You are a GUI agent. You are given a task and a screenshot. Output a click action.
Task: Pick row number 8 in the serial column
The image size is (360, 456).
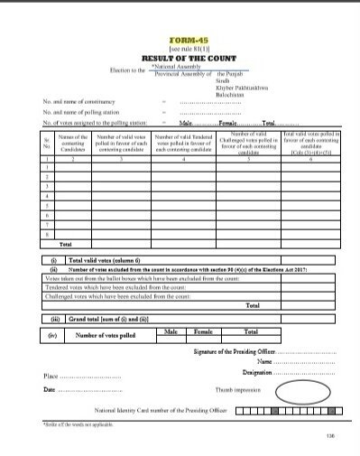click(47, 234)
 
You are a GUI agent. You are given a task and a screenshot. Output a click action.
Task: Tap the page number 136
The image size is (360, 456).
click(328, 436)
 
